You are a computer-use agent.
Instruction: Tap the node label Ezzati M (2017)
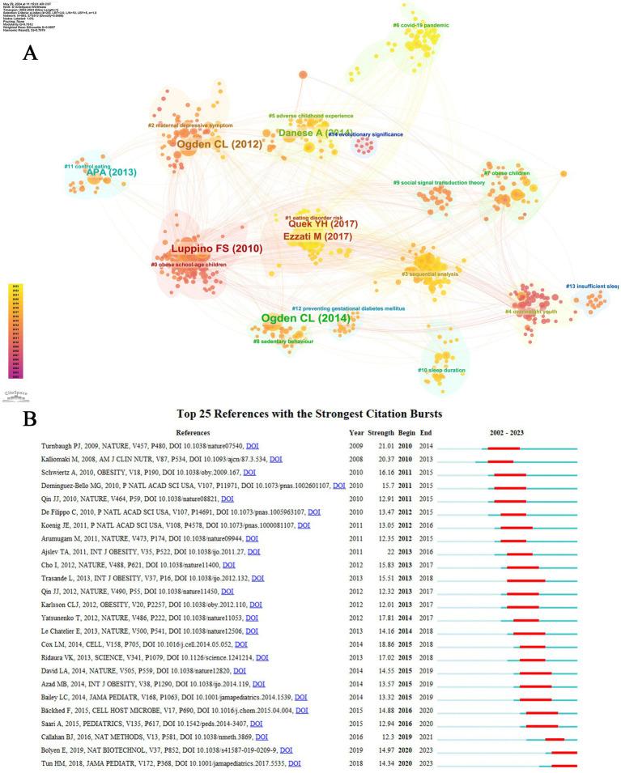pos(318,236)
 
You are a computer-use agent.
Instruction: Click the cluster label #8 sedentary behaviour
pos(280,342)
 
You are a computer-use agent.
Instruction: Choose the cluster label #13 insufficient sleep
pos(592,286)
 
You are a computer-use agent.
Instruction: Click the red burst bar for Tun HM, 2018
pos(564,762)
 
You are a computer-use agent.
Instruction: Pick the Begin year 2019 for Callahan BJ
pos(408,737)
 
